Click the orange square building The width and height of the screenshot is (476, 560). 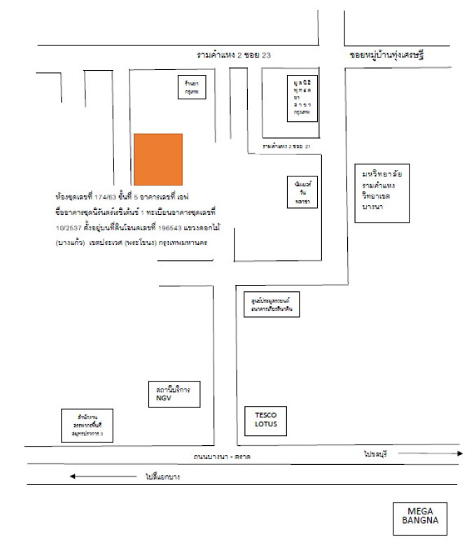158,157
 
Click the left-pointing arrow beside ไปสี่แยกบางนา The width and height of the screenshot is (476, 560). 102,477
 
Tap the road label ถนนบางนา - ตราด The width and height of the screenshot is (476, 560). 223,457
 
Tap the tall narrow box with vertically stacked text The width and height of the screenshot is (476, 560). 302,97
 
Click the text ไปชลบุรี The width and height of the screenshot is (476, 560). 375,454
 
